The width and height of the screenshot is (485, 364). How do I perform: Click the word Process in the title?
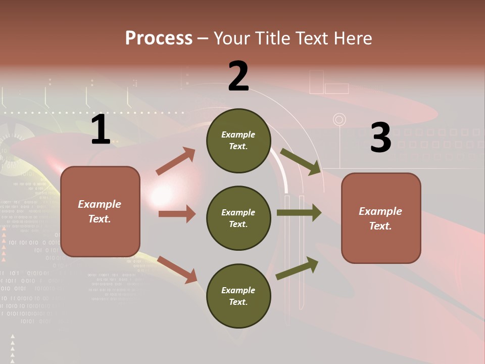pyautogui.click(x=159, y=38)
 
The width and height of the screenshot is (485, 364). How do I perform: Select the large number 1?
pyautogui.click(x=101, y=130)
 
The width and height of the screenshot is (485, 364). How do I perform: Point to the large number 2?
pyautogui.click(x=238, y=76)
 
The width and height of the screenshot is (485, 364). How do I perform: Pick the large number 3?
pyautogui.click(x=381, y=138)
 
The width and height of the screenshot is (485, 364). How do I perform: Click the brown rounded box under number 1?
pyautogui.click(x=100, y=211)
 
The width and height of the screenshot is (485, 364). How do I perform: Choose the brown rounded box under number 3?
pyautogui.click(x=381, y=218)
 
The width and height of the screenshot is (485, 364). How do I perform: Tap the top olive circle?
pyautogui.click(x=238, y=141)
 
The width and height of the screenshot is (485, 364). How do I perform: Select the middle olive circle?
pyautogui.click(x=238, y=218)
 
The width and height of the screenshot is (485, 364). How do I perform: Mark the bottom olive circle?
pyautogui.click(x=238, y=296)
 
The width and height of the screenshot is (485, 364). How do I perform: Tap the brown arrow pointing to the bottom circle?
pyautogui.click(x=177, y=269)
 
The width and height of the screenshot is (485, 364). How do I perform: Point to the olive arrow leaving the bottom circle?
pyautogui.click(x=297, y=268)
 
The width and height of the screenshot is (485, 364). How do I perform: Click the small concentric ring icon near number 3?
pyautogui.click(x=339, y=120)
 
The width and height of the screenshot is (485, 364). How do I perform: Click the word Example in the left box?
pyautogui.click(x=100, y=204)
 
